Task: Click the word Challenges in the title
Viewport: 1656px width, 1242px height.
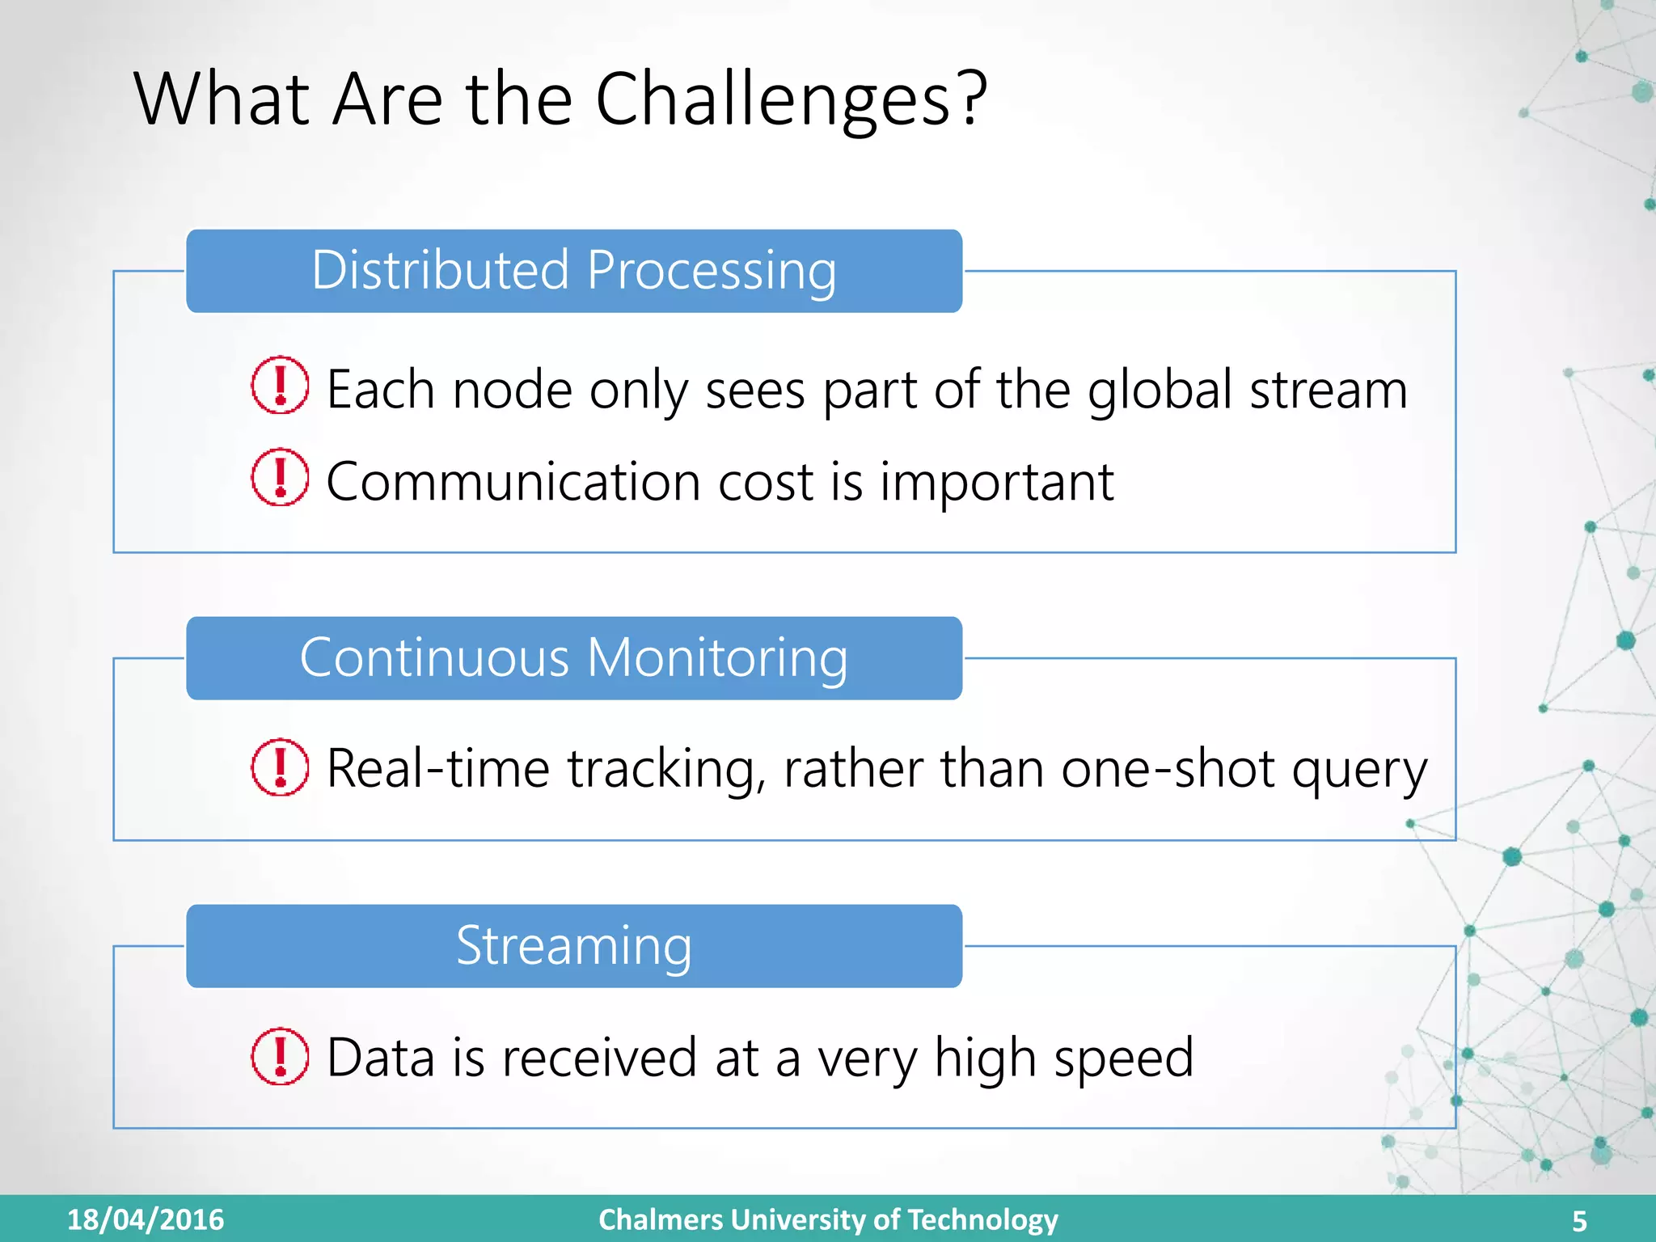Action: tap(772, 99)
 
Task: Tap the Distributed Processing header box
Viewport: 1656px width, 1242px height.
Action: tap(574, 271)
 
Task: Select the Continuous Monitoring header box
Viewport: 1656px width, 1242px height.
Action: tap(574, 658)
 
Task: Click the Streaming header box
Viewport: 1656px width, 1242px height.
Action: tap(574, 946)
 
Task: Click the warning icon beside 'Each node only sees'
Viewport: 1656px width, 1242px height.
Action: tap(280, 386)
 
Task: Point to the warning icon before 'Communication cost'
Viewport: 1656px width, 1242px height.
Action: tap(280, 477)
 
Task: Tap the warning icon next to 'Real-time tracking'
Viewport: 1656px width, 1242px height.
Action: tap(280, 767)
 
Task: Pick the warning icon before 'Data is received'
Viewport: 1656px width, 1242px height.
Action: tap(280, 1055)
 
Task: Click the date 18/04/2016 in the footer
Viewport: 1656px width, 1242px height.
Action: tap(146, 1219)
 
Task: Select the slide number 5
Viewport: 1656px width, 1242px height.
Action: tap(1579, 1221)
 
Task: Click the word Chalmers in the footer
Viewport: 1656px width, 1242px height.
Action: tap(661, 1219)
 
